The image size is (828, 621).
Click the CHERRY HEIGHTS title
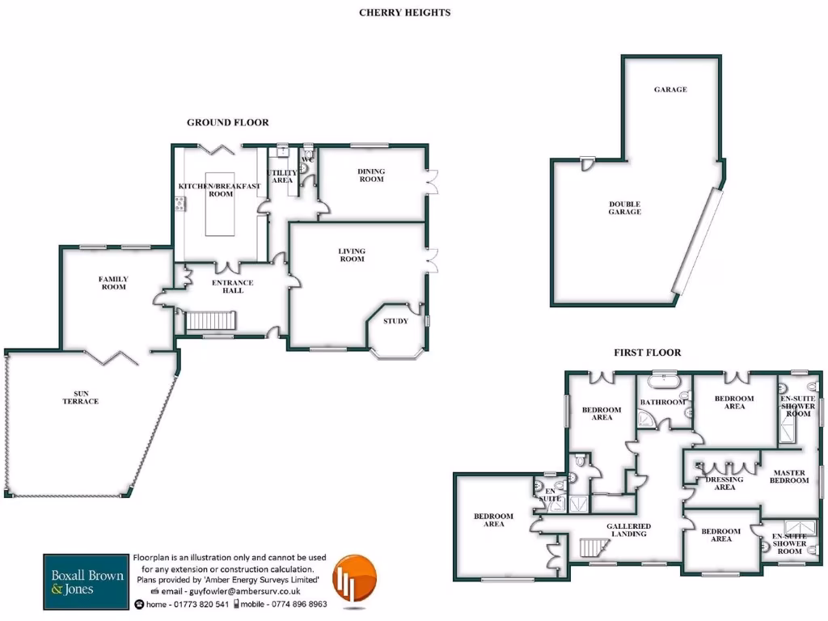tap(404, 13)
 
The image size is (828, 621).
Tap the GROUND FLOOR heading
tap(227, 123)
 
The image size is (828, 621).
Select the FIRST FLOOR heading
tap(646, 353)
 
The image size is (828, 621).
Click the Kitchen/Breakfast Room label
tap(219, 190)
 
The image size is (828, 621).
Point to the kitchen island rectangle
tap(220, 204)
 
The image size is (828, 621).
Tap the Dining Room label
tap(371, 175)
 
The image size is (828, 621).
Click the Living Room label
tap(352, 256)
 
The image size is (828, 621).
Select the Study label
tap(395, 321)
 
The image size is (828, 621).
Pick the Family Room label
tap(113, 283)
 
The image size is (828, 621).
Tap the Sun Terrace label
tap(80, 397)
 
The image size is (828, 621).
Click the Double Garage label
tap(624, 208)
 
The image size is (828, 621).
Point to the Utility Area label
tap(281, 176)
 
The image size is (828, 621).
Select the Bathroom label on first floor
tap(663, 402)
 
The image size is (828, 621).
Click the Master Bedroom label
tap(790, 476)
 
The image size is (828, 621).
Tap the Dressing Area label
tap(724, 484)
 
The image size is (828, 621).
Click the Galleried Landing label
tap(628, 530)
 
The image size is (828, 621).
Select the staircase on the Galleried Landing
tap(592, 549)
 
